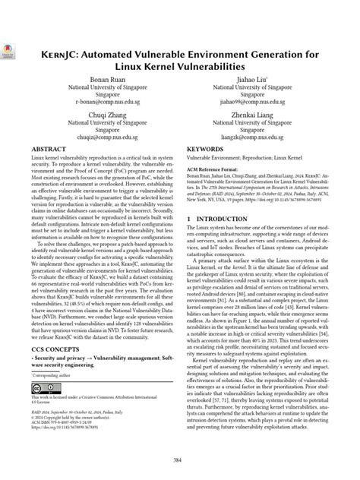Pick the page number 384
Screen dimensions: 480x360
click(180, 460)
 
